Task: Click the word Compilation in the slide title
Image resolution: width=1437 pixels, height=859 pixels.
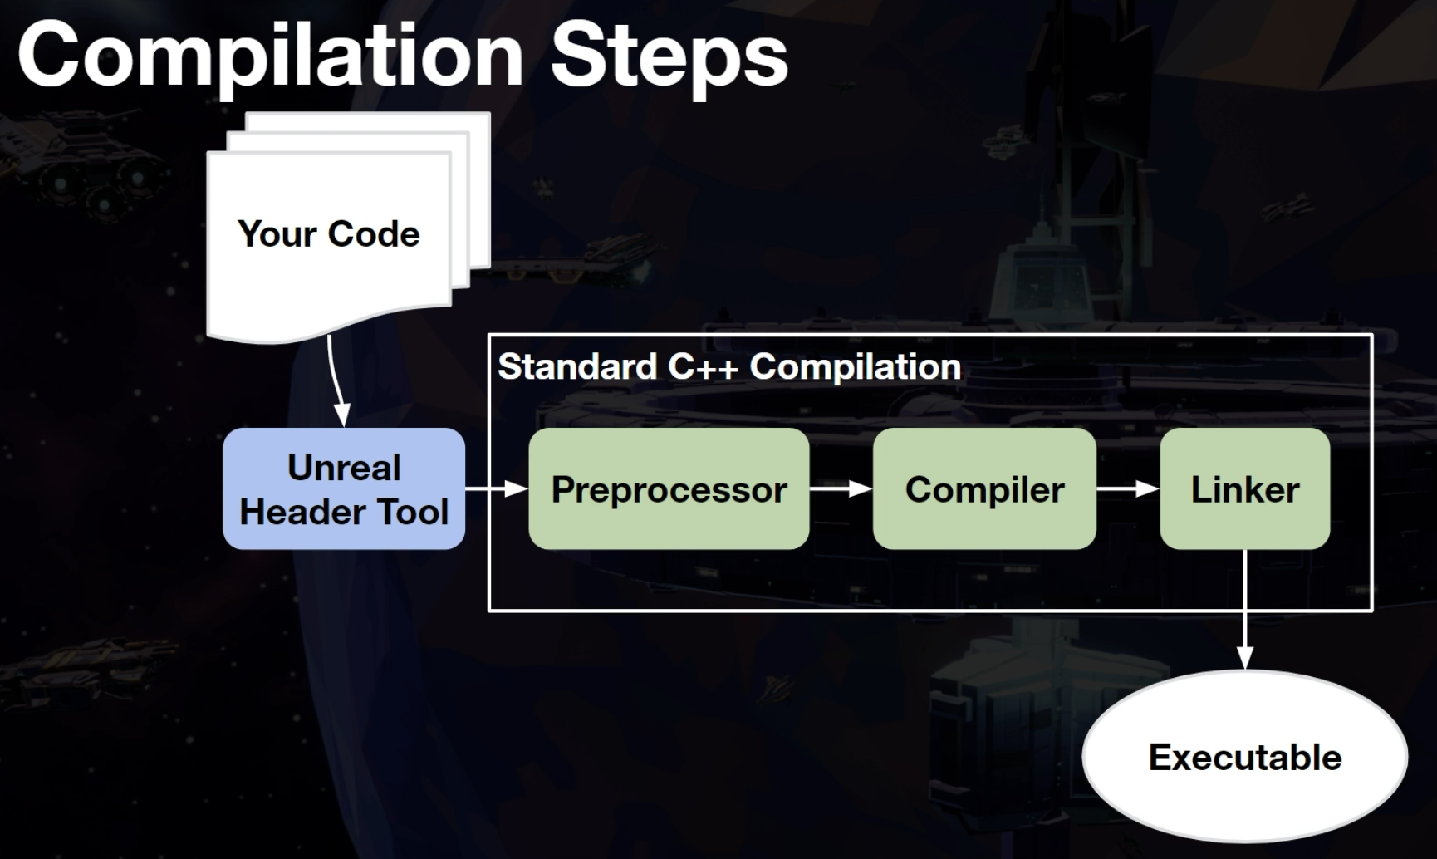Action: point(271,56)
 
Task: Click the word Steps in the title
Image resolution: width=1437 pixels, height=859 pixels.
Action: point(669,56)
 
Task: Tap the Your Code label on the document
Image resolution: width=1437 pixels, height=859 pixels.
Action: point(329,234)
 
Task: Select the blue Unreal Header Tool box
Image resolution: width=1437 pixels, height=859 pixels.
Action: point(344,488)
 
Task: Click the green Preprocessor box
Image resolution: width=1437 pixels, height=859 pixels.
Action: point(669,488)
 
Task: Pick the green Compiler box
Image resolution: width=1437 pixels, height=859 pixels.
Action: point(984,488)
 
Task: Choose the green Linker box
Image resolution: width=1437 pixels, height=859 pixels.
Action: point(1244,488)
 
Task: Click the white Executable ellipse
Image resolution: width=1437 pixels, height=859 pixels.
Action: point(1244,757)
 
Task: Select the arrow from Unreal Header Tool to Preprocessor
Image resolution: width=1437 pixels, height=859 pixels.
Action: point(497,488)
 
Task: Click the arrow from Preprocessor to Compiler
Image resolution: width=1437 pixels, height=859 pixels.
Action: point(841,488)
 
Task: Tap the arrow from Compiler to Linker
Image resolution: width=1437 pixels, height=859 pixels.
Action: point(1128,488)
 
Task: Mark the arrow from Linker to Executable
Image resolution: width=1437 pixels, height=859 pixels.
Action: point(1244,610)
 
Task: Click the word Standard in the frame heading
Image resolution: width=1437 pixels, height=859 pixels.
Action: point(577,366)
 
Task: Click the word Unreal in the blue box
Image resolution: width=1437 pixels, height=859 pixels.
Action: point(344,468)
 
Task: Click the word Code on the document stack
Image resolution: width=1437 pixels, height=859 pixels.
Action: point(374,234)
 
